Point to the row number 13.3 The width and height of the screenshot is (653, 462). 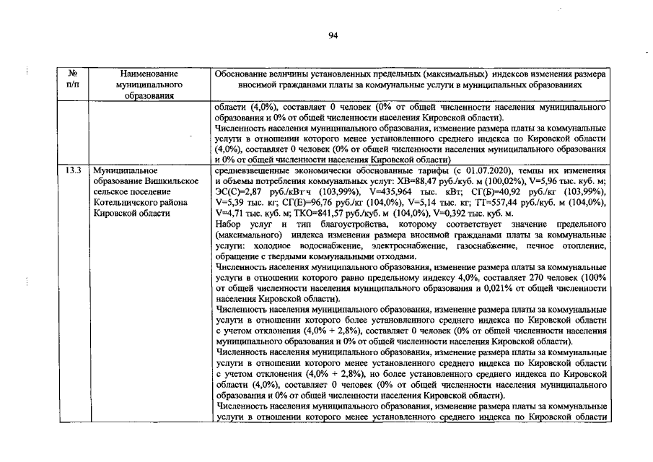coord(72,171)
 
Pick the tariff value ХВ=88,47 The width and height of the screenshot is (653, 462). coord(402,182)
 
